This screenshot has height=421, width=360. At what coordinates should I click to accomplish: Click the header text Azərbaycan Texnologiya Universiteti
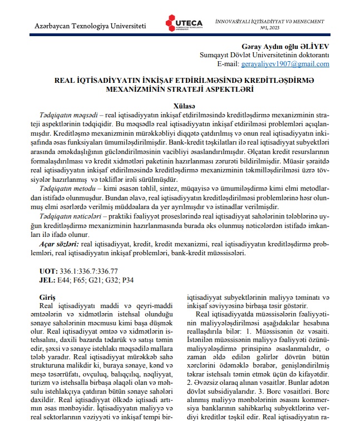90,26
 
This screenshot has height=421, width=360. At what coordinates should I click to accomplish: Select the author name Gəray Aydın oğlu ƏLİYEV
289,46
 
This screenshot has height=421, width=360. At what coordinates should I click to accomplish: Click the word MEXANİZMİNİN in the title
141,89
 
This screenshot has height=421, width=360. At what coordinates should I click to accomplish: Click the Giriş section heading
49,298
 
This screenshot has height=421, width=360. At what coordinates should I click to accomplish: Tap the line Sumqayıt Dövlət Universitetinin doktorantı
264,56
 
